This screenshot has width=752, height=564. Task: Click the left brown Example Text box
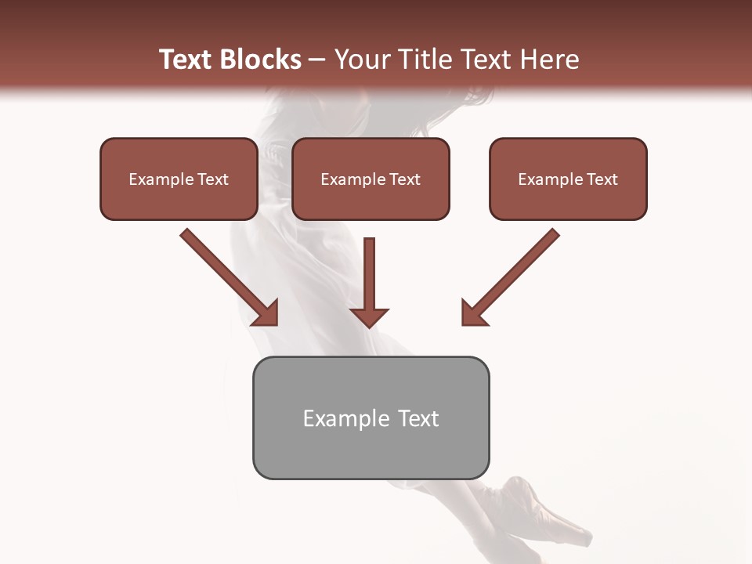pyautogui.click(x=179, y=179)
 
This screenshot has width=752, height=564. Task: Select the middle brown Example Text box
pyautogui.click(x=371, y=179)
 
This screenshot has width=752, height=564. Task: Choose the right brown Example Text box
pyautogui.click(x=568, y=179)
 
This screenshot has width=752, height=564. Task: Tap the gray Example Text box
pyautogui.click(x=371, y=418)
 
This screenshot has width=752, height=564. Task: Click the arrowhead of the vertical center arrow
pyautogui.click(x=369, y=316)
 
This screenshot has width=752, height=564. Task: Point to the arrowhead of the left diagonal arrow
pyautogui.click(x=266, y=313)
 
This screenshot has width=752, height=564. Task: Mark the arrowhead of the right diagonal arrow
pyautogui.click(x=474, y=313)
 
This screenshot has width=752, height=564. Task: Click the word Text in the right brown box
pyautogui.click(x=602, y=179)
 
